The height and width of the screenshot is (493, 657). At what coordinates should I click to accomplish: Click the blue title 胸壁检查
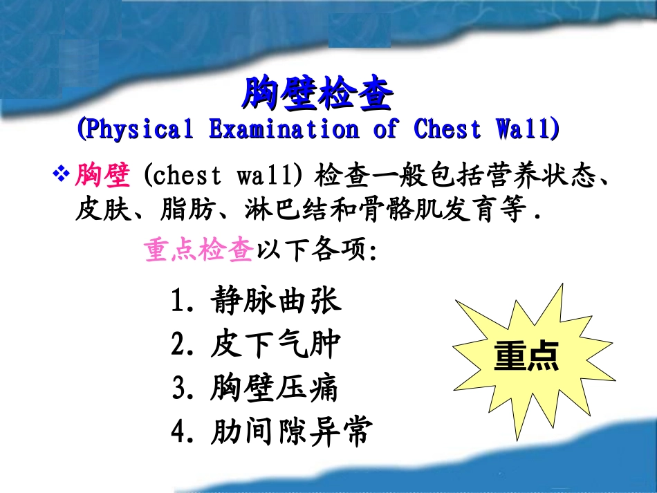317,95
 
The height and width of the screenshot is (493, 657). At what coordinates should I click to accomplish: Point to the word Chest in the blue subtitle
446,129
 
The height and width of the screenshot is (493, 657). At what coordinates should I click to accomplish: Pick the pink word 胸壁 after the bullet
103,176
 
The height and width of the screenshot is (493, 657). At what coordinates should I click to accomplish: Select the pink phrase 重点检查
199,250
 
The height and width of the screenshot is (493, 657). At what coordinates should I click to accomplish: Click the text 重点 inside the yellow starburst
526,357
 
